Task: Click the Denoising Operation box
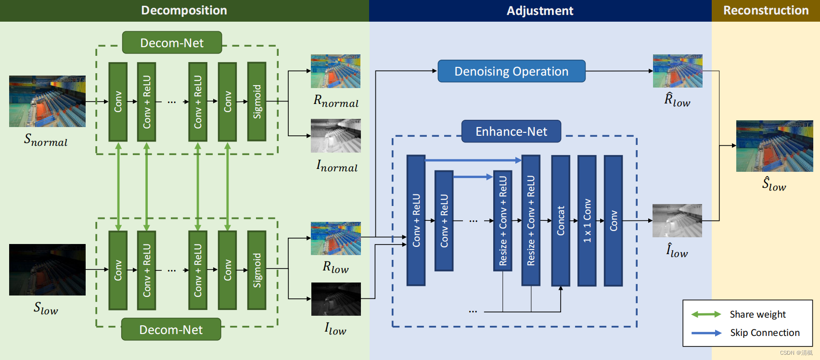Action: pos(511,71)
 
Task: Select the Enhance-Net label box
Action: pos(511,131)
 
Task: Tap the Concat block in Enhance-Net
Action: pos(561,220)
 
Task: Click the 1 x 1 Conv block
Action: pos(587,220)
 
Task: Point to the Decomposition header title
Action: pos(184,11)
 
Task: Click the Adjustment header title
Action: pos(540,11)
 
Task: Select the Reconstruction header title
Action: pos(766,11)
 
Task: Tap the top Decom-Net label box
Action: pos(172,43)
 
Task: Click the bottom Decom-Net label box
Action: pos(171,330)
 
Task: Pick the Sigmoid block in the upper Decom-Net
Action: pos(257,102)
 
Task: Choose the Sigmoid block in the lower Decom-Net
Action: pos(257,270)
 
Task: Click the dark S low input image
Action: pos(47,270)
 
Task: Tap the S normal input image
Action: pos(47,101)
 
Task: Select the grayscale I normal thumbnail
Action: pos(335,136)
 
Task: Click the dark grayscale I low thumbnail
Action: pos(335,299)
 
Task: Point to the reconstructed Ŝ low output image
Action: pos(774,146)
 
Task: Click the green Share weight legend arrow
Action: pos(706,314)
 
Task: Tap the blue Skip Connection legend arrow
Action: pos(706,333)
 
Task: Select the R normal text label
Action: pos(336,101)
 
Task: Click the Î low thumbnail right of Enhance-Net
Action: pos(677,220)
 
